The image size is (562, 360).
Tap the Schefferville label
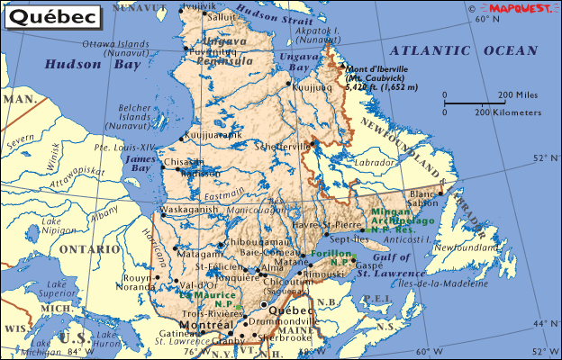point(285,146)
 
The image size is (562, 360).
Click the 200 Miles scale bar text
point(518,94)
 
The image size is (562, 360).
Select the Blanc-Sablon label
point(422,199)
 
